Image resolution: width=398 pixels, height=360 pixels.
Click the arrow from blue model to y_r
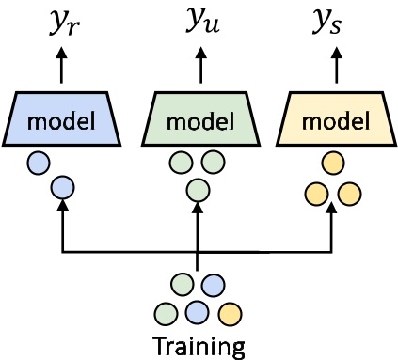[x=62, y=68]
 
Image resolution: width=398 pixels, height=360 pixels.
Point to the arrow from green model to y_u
[x=198, y=68]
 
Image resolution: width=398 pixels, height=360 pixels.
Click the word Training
[x=199, y=346]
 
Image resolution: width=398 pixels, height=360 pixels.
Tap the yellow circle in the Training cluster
[x=229, y=311]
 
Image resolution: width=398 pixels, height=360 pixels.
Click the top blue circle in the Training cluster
[x=214, y=283]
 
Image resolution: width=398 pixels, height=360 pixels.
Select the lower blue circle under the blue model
[x=61, y=187]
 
